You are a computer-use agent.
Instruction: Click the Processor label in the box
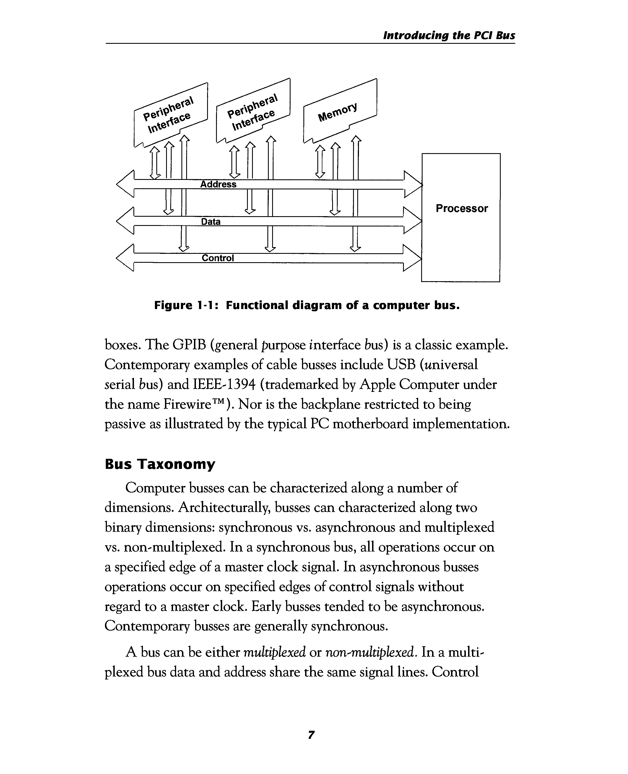[x=462, y=209]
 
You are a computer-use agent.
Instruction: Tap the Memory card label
[x=337, y=112]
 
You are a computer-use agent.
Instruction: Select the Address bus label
[x=218, y=184]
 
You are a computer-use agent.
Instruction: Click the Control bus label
[x=217, y=258]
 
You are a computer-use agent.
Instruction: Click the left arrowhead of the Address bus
[x=125, y=184]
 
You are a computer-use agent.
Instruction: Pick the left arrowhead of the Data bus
[x=125, y=221]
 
